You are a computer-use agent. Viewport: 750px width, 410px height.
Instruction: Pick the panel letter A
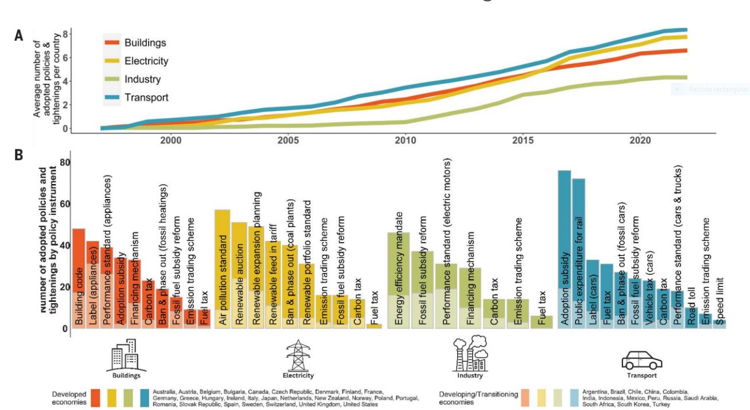tap(19, 36)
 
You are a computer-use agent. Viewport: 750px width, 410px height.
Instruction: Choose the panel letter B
tap(19, 155)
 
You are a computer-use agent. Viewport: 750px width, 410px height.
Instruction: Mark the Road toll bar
tap(691, 317)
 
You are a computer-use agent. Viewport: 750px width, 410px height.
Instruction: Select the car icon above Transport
tap(642, 361)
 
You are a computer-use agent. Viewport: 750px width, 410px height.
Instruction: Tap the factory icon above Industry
tap(470, 354)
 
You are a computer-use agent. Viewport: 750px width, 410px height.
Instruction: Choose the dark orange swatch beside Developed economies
tap(96, 398)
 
